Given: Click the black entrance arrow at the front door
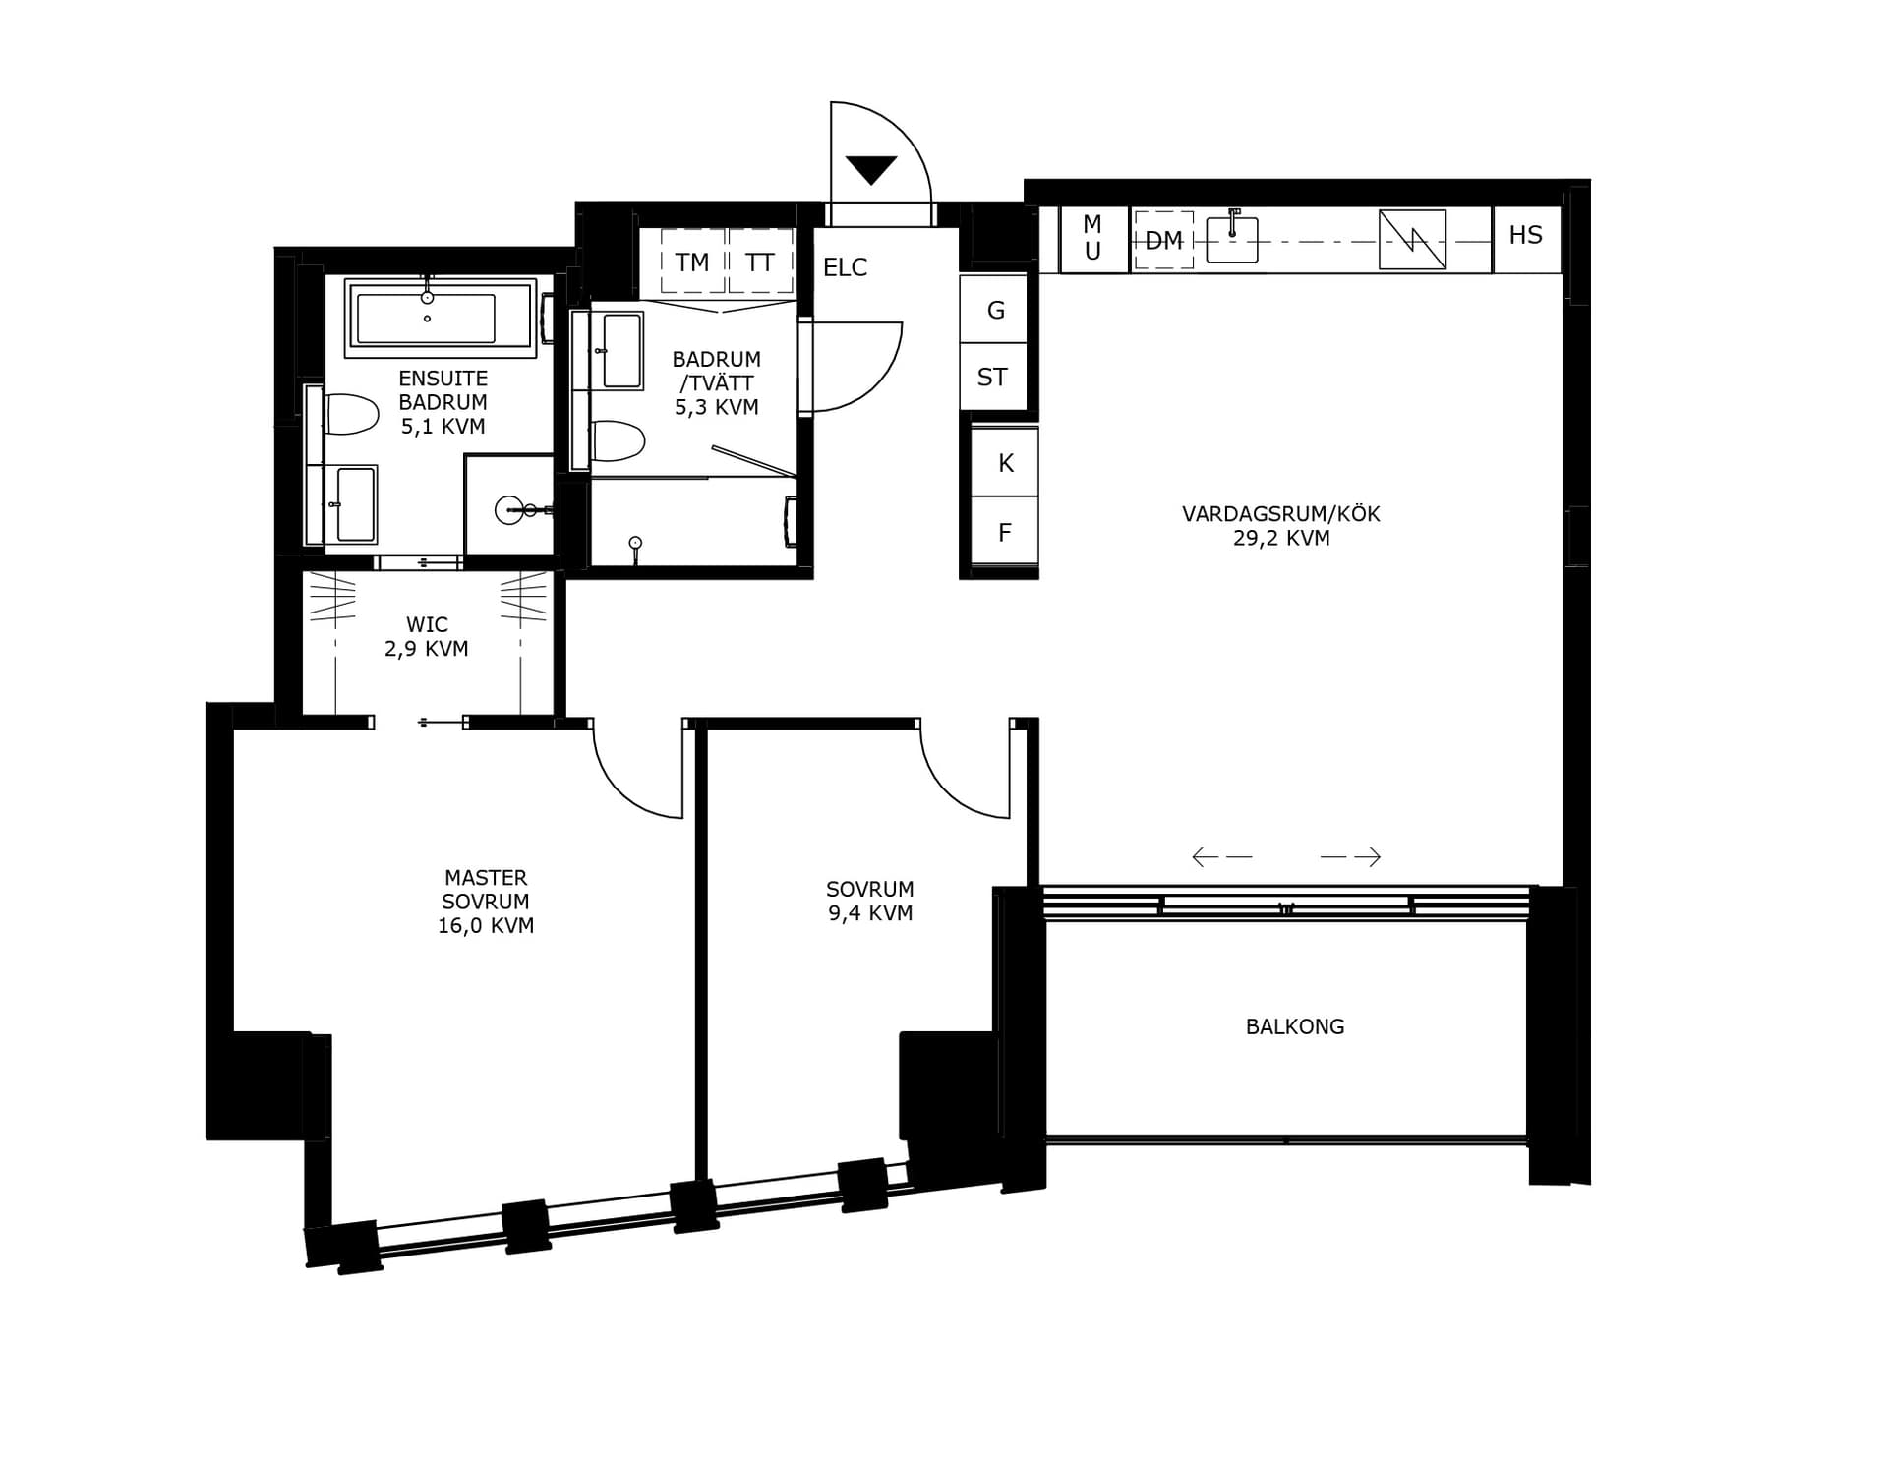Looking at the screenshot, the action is [871, 169].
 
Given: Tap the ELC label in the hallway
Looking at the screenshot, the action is [845, 267].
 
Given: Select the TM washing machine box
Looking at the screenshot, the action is [692, 262].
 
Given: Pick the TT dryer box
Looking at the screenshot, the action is [760, 262].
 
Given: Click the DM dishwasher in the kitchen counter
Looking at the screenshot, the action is [1164, 240].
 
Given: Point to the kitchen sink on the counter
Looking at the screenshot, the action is [1232, 238].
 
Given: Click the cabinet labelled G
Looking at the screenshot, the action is [994, 310].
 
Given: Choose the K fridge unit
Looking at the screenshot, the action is [1005, 462].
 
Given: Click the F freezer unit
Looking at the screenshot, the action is [1005, 531].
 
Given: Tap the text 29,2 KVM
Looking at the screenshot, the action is [1281, 538].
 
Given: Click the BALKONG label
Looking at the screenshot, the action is [1295, 1026].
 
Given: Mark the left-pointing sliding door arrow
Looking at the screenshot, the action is [1222, 857].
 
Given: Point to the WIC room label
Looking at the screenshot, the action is [427, 624].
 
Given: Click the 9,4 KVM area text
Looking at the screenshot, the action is [870, 913].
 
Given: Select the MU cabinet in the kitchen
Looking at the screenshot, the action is [1092, 239].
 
